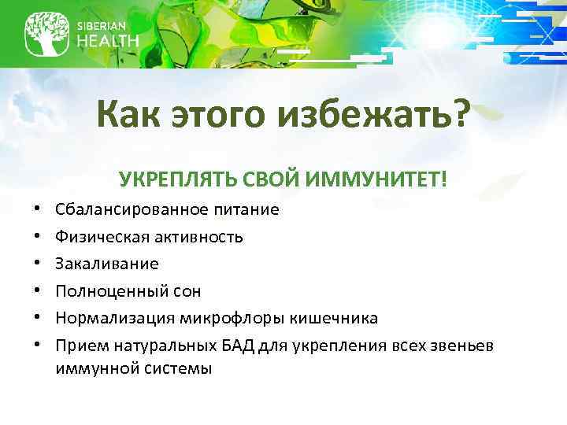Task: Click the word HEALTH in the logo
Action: click(108, 41)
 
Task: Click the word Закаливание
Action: click(107, 264)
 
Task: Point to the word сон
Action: click(185, 291)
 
